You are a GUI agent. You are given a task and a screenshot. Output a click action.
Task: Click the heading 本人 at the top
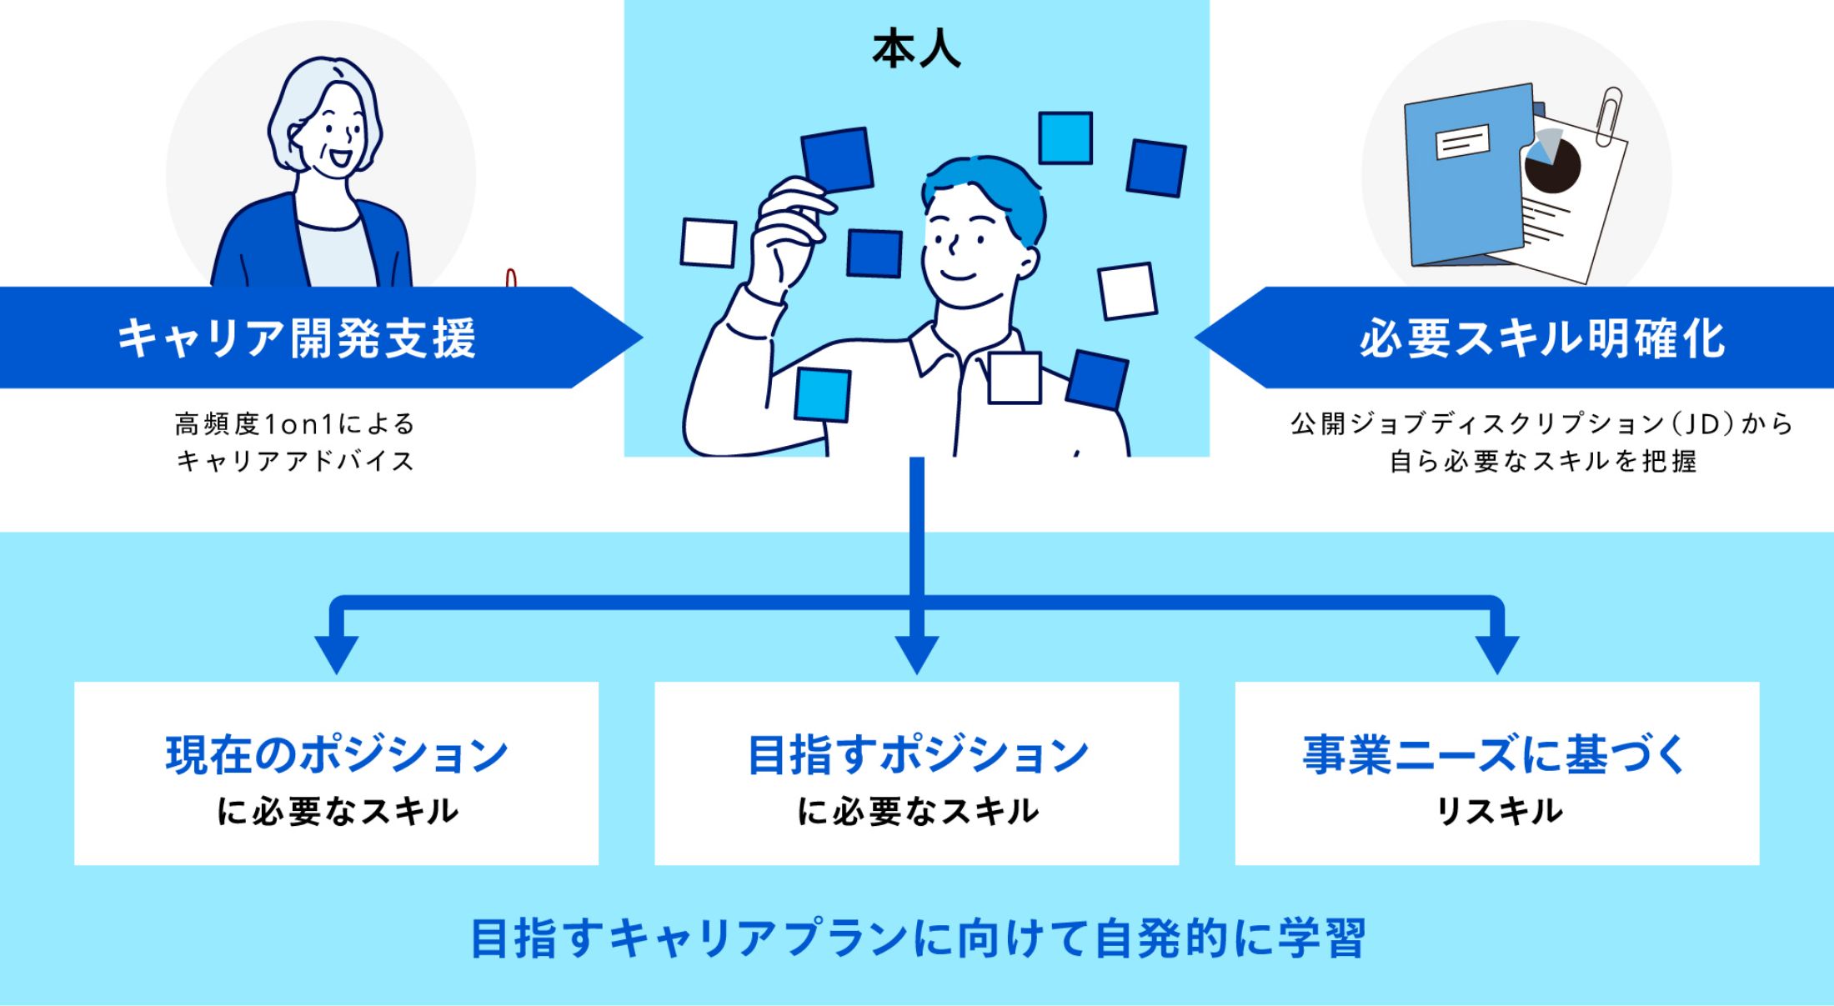916,51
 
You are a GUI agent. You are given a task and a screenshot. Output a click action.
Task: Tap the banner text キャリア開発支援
296,338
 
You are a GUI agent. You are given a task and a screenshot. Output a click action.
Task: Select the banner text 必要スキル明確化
1541,338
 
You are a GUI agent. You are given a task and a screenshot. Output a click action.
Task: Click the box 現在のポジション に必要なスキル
336,773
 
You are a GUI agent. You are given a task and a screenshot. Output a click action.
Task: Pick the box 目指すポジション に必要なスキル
916,773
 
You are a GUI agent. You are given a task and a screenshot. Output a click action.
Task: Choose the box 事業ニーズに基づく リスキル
1496,773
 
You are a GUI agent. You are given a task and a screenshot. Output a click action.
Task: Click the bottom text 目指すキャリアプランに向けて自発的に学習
916,938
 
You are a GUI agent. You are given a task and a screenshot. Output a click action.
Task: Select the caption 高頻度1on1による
294,424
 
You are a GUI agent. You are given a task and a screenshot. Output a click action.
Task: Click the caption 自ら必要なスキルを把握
1541,461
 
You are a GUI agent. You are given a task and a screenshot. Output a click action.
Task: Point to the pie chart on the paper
1551,163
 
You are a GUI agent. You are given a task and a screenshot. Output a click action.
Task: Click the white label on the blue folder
1462,143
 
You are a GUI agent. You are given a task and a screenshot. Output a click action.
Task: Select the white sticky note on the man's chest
1014,378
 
